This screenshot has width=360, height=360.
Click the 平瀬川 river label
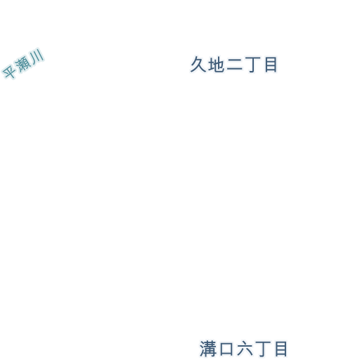pos(23,63)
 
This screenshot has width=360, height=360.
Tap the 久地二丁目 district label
pos(234,65)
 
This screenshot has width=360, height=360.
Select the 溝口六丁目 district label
pos(243,349)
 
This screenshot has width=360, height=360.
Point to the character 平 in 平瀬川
pos(9,71)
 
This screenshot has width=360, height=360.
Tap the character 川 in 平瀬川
pos(37,56)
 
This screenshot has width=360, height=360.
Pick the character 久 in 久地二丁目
pos(198,64)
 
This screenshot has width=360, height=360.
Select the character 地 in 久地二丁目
pos(216,65)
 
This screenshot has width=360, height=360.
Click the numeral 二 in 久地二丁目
pos(234,65)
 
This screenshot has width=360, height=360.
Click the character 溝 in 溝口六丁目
pos(208,349)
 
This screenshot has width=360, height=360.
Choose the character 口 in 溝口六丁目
pos(226,349)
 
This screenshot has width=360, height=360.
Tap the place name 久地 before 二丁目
pos(207,65)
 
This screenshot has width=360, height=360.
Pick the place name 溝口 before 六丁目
pos(217,349)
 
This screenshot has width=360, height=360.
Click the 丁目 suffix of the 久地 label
pos(261,65)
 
